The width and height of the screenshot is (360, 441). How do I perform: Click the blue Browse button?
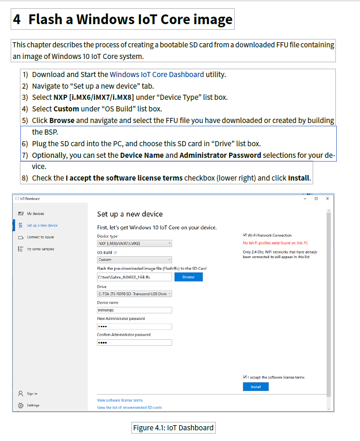[x=188, y=277]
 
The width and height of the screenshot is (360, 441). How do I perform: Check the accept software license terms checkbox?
[x=245, y=377]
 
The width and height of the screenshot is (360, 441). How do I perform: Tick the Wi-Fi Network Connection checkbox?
[x=245, y=235]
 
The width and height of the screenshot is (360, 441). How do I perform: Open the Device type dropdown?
[x=135, y=243]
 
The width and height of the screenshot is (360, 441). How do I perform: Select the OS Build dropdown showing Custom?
[x=135, y=259]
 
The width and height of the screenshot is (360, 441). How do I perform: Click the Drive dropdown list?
[x=135, y=293]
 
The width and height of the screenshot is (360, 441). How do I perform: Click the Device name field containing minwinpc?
[x=135, y=310]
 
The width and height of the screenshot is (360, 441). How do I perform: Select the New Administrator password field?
[x=135, y=326]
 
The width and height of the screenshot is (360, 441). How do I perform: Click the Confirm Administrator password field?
[x=135, y=343]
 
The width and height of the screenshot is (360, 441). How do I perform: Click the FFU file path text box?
[x=135, y=277]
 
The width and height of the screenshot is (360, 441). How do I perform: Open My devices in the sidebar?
[x=35, y=214]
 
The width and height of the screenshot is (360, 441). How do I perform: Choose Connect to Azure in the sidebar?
[x=40, y=237]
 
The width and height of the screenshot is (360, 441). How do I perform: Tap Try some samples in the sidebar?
[x=40, y=249]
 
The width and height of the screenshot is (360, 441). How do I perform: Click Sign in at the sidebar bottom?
[x=32, y=394]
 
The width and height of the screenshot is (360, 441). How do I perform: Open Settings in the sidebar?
[x=33, y=405]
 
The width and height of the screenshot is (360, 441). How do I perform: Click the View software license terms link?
[x=120, y=400]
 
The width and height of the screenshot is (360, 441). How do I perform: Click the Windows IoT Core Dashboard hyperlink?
[x=157, y=74]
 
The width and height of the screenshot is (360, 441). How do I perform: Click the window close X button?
[x=328, y=198]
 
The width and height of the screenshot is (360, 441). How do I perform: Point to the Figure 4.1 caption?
[x=173, y=428]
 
